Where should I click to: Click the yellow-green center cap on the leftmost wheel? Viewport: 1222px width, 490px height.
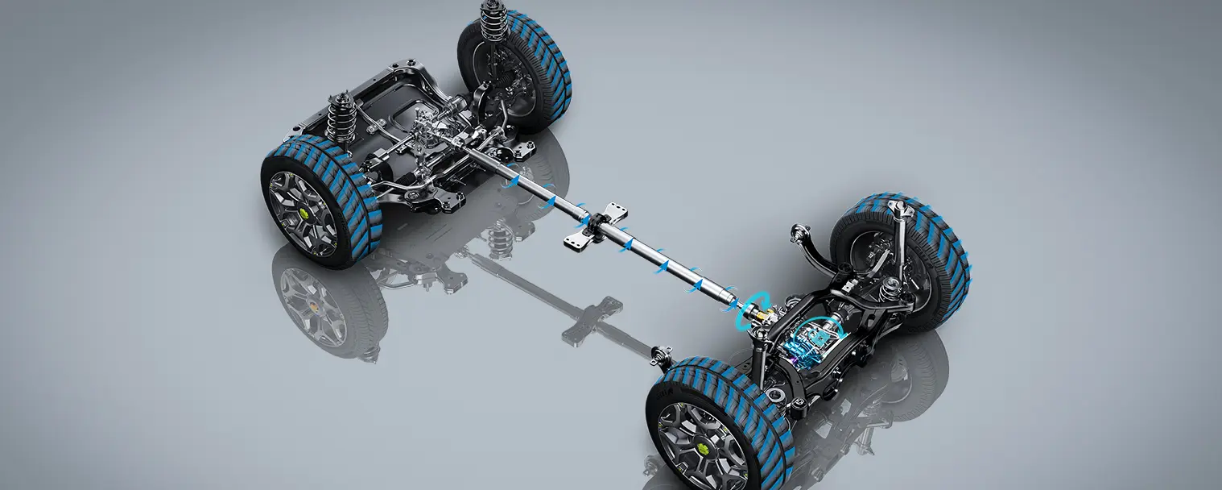click(x=305, y=213)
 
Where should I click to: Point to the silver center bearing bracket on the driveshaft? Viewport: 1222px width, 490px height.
click(x=597, y=225)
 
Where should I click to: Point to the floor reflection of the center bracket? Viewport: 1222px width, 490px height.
click(x=592, y=318)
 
